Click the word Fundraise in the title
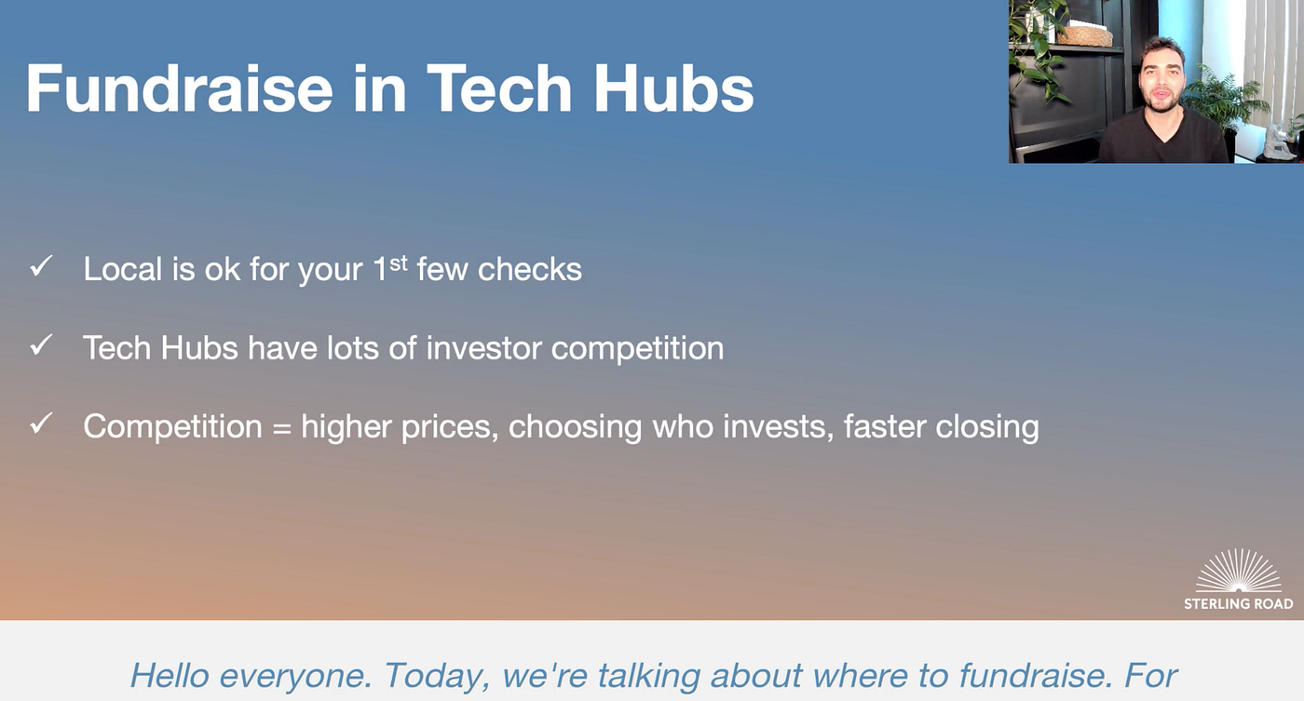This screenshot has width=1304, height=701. [x=179, y=88]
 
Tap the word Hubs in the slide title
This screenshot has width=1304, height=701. [x=672, y=88]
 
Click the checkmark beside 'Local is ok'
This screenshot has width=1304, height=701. [x=41, y=266]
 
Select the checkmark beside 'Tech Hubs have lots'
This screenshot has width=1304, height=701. [x=41, y=345]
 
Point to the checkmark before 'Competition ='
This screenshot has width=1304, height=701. [x=41, y=424]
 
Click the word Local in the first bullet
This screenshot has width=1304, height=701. [x=122, y=269]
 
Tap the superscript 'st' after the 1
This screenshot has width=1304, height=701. [x=399, y=263]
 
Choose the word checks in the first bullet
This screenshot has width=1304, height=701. [x=529, y=269]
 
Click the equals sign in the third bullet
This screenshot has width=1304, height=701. [x=281, y=427]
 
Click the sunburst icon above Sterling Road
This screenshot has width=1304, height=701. [x=1238, y=570]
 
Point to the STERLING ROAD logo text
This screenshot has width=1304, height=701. [x=1238, y=604]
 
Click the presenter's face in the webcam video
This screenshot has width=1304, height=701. [x=1161, y=76]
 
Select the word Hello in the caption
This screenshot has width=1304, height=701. [x=170, y=675]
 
